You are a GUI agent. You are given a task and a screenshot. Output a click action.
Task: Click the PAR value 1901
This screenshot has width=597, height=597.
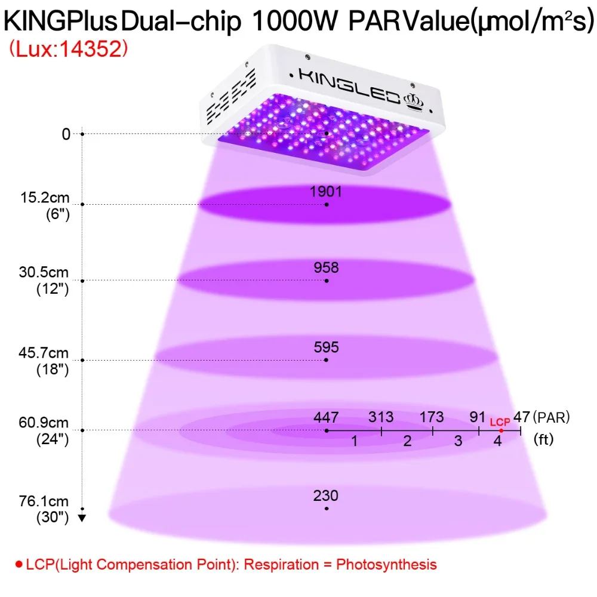pos(325,192)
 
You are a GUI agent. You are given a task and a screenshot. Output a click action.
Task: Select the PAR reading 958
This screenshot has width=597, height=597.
pos(327,267)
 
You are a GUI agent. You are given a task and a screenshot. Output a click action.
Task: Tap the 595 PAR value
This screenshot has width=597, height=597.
pos(327,347)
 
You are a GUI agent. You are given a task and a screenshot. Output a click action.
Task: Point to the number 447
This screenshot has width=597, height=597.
pos(326,417)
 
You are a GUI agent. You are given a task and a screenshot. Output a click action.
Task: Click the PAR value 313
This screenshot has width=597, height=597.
pos(381,417)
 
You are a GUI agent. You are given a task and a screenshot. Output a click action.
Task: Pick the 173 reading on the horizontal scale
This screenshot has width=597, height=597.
pos(432,417)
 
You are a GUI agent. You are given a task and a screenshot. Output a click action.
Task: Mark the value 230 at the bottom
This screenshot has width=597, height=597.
pos(326,496)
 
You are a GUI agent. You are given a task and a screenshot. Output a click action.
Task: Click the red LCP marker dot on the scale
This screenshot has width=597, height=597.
pos(501,430)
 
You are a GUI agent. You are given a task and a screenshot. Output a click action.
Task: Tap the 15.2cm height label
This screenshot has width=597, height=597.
pos(45,198)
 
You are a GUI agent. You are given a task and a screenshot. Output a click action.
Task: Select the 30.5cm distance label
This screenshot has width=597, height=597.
pos(44,272)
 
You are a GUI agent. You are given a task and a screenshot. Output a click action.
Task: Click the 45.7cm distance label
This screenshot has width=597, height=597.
pos(44,353)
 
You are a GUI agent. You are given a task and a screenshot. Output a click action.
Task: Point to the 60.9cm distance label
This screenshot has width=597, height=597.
pos(44,423)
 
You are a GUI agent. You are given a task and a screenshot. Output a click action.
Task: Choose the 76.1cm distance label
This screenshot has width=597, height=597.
pos(44,501)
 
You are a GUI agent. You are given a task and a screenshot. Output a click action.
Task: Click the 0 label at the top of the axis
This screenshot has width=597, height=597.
pos(66,134)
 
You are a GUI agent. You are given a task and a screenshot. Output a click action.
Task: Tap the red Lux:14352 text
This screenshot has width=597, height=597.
pos(69,49)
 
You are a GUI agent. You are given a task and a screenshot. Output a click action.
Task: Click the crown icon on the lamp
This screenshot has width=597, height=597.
pos(414,102)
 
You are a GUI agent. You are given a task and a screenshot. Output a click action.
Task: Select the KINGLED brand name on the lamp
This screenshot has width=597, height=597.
pos(349,85)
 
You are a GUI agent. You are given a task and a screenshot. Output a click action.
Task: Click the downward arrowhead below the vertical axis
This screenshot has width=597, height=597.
pos(82,518)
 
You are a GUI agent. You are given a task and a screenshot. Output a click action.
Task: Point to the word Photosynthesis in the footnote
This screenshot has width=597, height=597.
pos(386,564)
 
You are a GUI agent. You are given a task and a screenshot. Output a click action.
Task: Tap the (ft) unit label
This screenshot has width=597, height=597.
pos(543,439)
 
